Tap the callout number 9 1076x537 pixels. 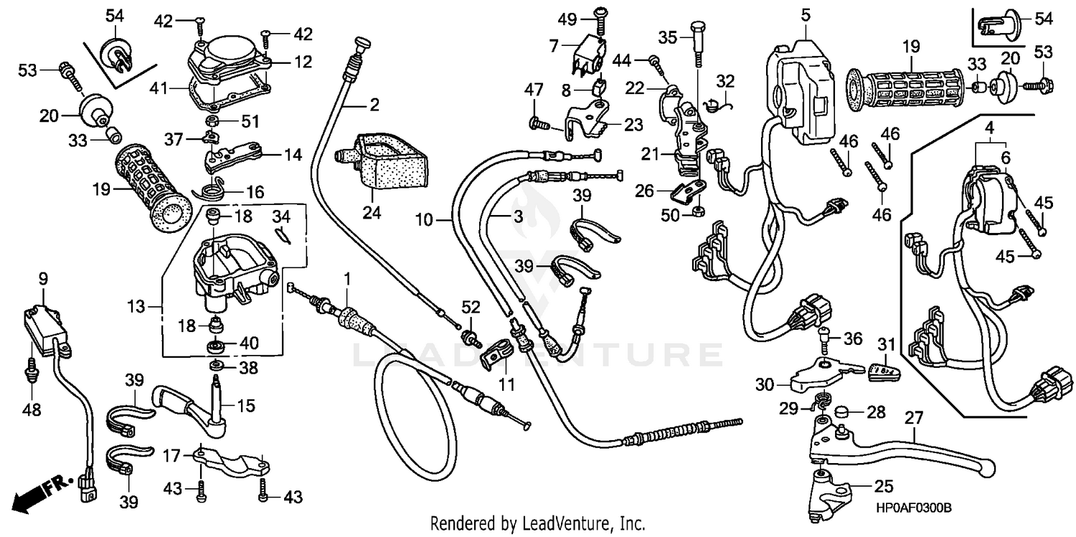42,277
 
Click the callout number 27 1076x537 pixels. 913,417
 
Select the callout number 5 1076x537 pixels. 805,14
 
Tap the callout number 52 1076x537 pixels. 470,308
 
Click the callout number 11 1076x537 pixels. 507,384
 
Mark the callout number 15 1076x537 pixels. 245,406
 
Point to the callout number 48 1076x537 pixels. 31,410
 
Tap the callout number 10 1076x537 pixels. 424,219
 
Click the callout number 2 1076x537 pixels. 374,106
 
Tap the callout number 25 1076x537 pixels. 882,486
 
